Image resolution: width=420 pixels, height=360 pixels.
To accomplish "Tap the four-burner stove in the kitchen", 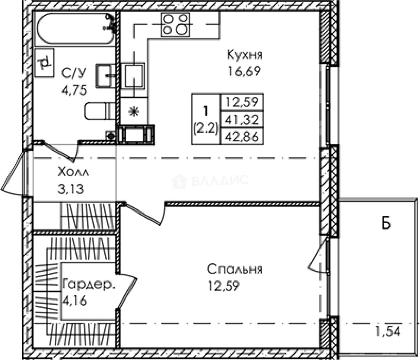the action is [176, 25].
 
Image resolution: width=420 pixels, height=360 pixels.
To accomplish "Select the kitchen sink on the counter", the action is [133, 76].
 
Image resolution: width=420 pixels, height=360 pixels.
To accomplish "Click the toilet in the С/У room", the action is [99, 111].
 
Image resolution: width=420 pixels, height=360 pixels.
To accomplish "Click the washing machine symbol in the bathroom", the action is [45, 63].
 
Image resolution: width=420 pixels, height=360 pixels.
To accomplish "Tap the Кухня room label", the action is [244, 55].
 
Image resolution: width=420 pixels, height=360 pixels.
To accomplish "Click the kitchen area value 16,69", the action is [244, 71].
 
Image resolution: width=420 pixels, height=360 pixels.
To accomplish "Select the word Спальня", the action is [234, 269].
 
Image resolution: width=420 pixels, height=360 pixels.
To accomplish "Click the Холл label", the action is [73, 172].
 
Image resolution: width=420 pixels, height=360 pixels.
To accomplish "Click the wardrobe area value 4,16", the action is [75, 301].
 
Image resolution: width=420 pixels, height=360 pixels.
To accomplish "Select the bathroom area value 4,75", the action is [74, 90].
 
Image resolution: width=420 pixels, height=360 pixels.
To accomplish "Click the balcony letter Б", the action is [386, 224].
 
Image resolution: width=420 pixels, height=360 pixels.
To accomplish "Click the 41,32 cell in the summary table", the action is [242, 120].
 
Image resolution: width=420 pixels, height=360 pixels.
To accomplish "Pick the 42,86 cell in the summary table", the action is [242, 136].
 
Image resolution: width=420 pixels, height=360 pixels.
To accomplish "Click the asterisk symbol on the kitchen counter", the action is [134, 111].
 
